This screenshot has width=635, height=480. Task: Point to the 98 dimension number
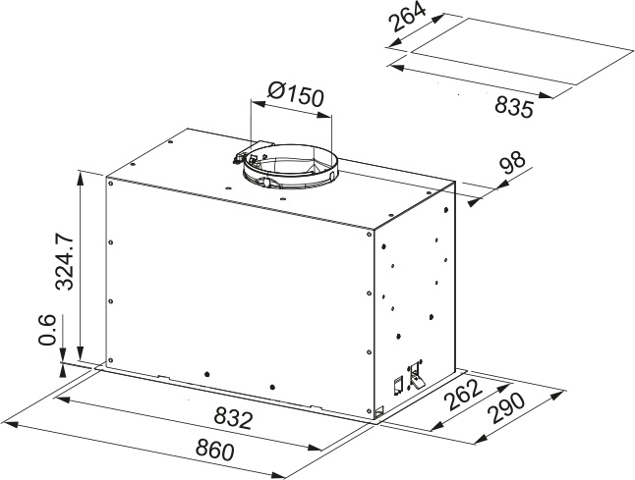(512, 163)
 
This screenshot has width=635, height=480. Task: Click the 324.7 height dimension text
(65, 261)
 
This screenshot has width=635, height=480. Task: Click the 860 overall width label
(214, 450)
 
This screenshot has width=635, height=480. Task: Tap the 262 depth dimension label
(463, 394)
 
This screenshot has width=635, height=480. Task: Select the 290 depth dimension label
(506, 408)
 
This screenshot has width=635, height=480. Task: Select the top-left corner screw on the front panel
(110, 183)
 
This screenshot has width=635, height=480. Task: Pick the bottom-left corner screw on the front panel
(110, 360)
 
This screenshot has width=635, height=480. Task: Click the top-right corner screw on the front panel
(370, 234)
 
